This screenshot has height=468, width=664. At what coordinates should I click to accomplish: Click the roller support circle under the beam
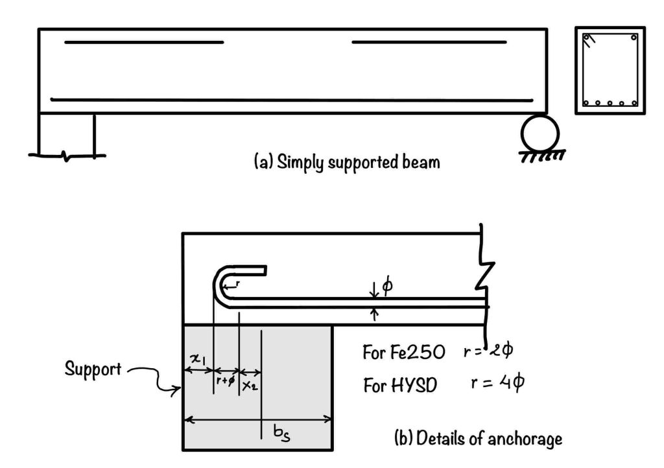[539, 133]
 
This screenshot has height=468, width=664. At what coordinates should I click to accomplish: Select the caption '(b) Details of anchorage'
[479, 439]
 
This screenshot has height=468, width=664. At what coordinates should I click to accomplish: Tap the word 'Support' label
[93, 369]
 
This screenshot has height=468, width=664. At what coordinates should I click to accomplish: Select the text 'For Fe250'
[403, 353]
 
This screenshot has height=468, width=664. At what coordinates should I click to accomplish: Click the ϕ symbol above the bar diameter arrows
[388, 285]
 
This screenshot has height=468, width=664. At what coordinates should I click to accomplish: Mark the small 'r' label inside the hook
[237, 283]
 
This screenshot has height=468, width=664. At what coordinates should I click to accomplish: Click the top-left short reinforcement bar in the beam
[144, 43]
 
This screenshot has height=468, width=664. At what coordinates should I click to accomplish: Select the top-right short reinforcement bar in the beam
[429, 43]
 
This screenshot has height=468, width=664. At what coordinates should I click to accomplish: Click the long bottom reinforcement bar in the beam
[292, 100]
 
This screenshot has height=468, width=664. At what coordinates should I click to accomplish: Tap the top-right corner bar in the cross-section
[634, 38]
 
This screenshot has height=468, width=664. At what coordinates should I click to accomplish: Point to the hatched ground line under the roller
[542, 156]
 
